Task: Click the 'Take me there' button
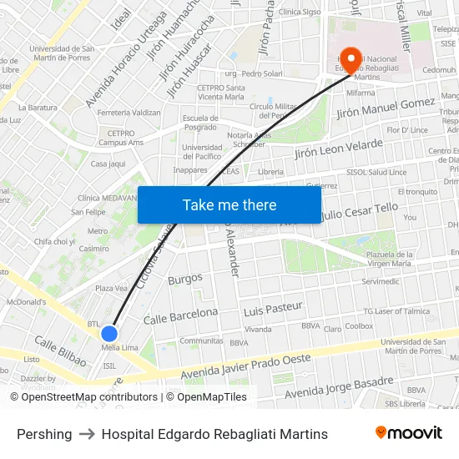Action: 229,204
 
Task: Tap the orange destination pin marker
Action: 351,59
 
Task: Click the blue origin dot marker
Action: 108,333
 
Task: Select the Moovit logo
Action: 408,433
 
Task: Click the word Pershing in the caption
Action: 44,434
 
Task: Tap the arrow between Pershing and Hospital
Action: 87,434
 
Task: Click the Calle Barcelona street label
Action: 180,316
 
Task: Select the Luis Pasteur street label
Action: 273,308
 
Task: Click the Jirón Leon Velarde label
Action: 339,149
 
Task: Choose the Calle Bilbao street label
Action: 60,351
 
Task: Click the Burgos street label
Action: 185,278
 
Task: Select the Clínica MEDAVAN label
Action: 107,198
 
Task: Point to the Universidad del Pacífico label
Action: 202,151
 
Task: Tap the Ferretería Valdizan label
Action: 129,112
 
